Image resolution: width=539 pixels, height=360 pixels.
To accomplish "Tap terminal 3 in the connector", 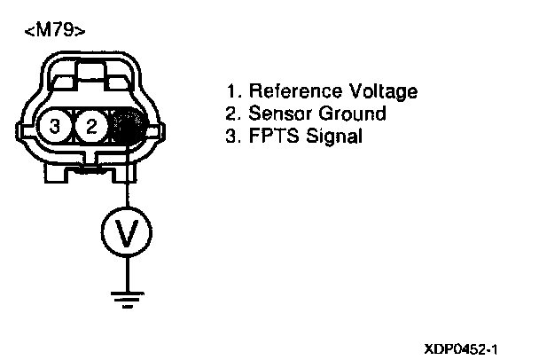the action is [55, 127].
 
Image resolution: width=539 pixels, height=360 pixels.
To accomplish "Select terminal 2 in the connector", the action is [90, 127].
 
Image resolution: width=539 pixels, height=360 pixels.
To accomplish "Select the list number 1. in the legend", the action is [235, 91].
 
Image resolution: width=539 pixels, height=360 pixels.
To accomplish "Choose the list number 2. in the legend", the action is [235, 113].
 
